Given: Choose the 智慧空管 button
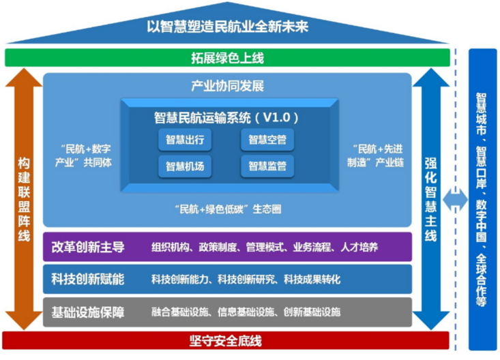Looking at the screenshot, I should [x=267, y=140].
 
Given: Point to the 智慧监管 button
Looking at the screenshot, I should [x=267, y=165].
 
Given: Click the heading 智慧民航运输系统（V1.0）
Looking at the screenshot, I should [x=227, y=118].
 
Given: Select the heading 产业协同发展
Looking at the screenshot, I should [x=226, y=87].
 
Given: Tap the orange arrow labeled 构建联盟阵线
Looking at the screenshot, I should [x=24, y=198].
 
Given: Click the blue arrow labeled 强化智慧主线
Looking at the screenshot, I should [x=430, y=198].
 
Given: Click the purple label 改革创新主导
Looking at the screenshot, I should [x=87, y=247].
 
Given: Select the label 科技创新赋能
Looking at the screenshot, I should [x=87, y=279].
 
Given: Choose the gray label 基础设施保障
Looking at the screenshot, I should [x=87, y=312].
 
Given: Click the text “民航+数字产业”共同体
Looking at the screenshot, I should [x=83, y=156].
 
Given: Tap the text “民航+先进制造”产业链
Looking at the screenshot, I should [x=373, y=156].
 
